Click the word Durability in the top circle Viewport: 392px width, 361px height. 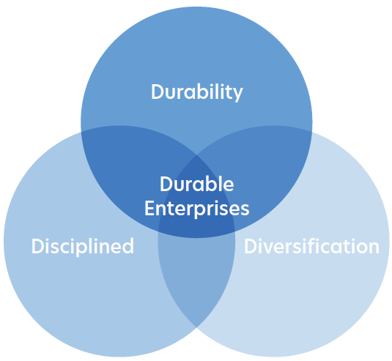tap(197, 92)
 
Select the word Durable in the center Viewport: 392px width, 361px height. tap(197, 184)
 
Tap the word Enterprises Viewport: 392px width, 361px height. tap(197, 208)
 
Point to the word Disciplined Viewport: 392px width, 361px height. tap(83, 246)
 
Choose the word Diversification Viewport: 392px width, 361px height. tap(311, 246)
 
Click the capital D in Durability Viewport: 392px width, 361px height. tap(158, 92)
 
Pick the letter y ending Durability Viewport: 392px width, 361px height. tap(237, 94)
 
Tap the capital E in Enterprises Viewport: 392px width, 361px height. tap(150, 208)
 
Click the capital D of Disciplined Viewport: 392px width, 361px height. tap(38, 246)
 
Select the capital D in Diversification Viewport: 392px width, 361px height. tap(251, 246)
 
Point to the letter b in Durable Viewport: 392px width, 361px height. tap(209, 184)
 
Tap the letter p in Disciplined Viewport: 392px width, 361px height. tap(91, 249)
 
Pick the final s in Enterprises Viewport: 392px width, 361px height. tap(244, 210)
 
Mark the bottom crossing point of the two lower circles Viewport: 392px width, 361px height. tap(196, 327)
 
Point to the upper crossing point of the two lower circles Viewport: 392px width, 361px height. tap(196, 155)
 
